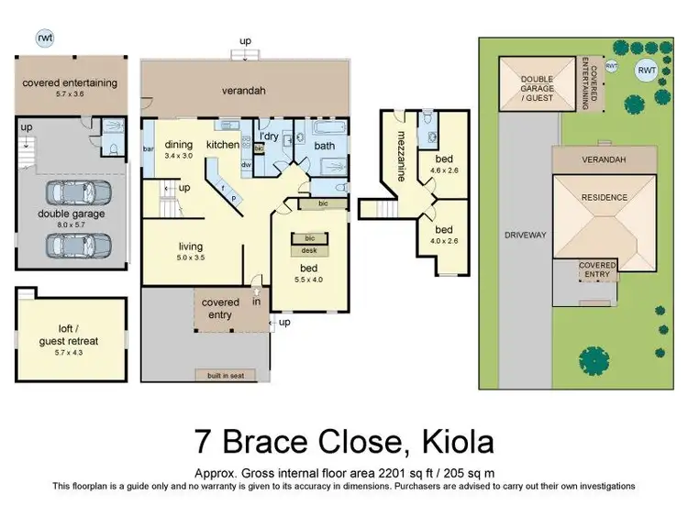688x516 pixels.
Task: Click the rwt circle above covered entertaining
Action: coord(44,38)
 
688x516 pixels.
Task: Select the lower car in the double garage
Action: coord(77,245)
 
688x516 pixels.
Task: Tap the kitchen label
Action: coord(223,145)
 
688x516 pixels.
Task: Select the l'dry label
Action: coord(269,137)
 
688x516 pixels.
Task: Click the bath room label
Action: coord(325,146)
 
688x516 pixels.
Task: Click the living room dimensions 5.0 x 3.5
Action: coord(190,258)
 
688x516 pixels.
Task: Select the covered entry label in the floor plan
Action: coord(220,308)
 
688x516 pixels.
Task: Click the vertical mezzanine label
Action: coord(401,157)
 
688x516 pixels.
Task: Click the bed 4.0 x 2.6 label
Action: coord(444,236)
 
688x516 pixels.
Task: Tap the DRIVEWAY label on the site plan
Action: coord(526,235)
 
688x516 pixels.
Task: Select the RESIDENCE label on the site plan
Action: coord(604,197)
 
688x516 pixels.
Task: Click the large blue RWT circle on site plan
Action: coord(647,70)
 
